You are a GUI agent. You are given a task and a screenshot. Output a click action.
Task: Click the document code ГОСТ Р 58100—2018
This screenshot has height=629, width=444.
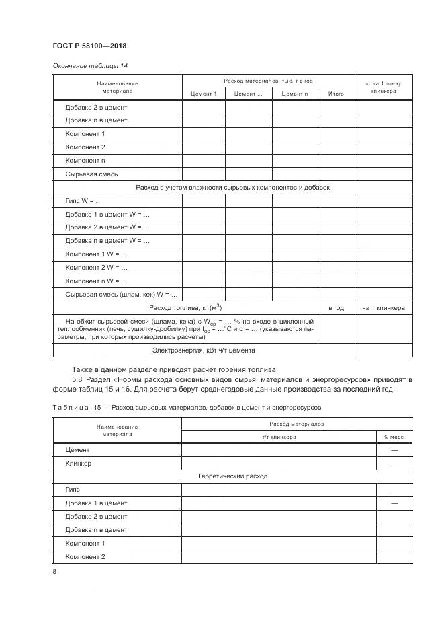89,46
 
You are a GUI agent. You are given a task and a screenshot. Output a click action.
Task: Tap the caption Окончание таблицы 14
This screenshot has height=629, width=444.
89,65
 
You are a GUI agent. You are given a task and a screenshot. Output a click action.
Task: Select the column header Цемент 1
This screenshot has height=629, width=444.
204,94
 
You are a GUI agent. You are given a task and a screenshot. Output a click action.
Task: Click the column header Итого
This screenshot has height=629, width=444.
336,94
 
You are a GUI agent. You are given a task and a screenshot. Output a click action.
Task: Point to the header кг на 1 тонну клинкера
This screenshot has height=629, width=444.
384,87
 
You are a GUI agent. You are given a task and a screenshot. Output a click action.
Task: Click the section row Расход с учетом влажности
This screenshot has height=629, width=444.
232,188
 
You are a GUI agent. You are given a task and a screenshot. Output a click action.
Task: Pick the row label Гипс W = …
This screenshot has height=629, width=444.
83,200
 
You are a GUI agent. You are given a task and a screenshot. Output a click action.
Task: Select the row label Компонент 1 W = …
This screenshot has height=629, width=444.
96,254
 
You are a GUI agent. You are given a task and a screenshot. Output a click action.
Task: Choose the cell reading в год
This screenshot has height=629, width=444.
336,308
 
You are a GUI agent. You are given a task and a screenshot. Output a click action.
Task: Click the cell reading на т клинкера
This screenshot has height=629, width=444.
384,308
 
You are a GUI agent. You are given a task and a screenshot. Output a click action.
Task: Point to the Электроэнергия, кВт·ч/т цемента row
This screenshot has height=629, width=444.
204,350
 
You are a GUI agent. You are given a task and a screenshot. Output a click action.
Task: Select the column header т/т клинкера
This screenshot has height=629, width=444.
279,437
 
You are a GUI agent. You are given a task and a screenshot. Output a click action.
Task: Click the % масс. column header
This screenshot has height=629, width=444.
394,437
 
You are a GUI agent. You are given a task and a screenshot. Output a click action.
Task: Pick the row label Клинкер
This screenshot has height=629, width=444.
78,464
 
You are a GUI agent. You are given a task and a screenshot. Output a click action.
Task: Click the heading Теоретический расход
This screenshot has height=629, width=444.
232,476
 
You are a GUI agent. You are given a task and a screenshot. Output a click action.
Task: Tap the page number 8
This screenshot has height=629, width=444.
54,572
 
